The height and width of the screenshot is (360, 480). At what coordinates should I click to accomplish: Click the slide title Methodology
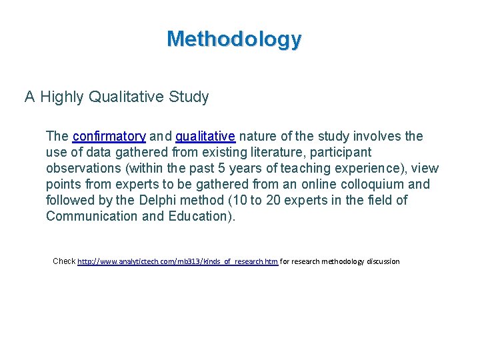[x=234, y=39]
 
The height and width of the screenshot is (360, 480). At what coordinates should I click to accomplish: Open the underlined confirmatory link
[x=109, y=137]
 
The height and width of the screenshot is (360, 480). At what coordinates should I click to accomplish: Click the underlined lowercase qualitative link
[x=205, y=137]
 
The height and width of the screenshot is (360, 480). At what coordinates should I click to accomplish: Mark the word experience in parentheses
[x=378, y=169]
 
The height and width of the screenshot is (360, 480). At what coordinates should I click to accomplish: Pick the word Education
[x=197, y=217]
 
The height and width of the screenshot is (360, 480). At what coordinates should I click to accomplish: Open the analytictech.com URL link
[x=177, y=261]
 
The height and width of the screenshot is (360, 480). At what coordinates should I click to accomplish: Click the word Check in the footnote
[x=64, y=261]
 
